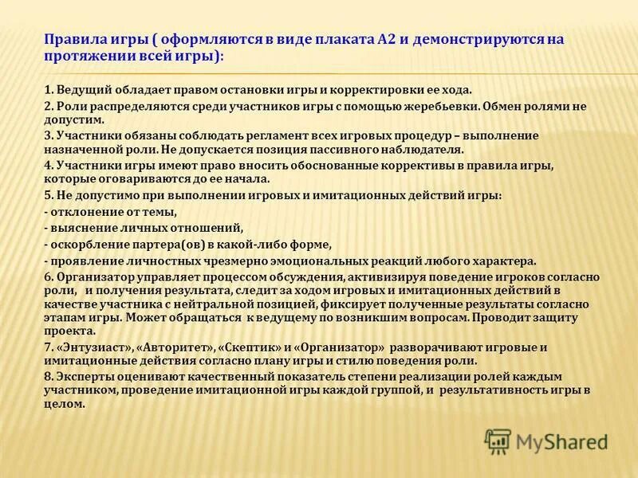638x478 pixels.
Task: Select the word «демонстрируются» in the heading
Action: click(486, 41)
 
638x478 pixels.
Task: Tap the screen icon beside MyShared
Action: click(498, 441)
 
